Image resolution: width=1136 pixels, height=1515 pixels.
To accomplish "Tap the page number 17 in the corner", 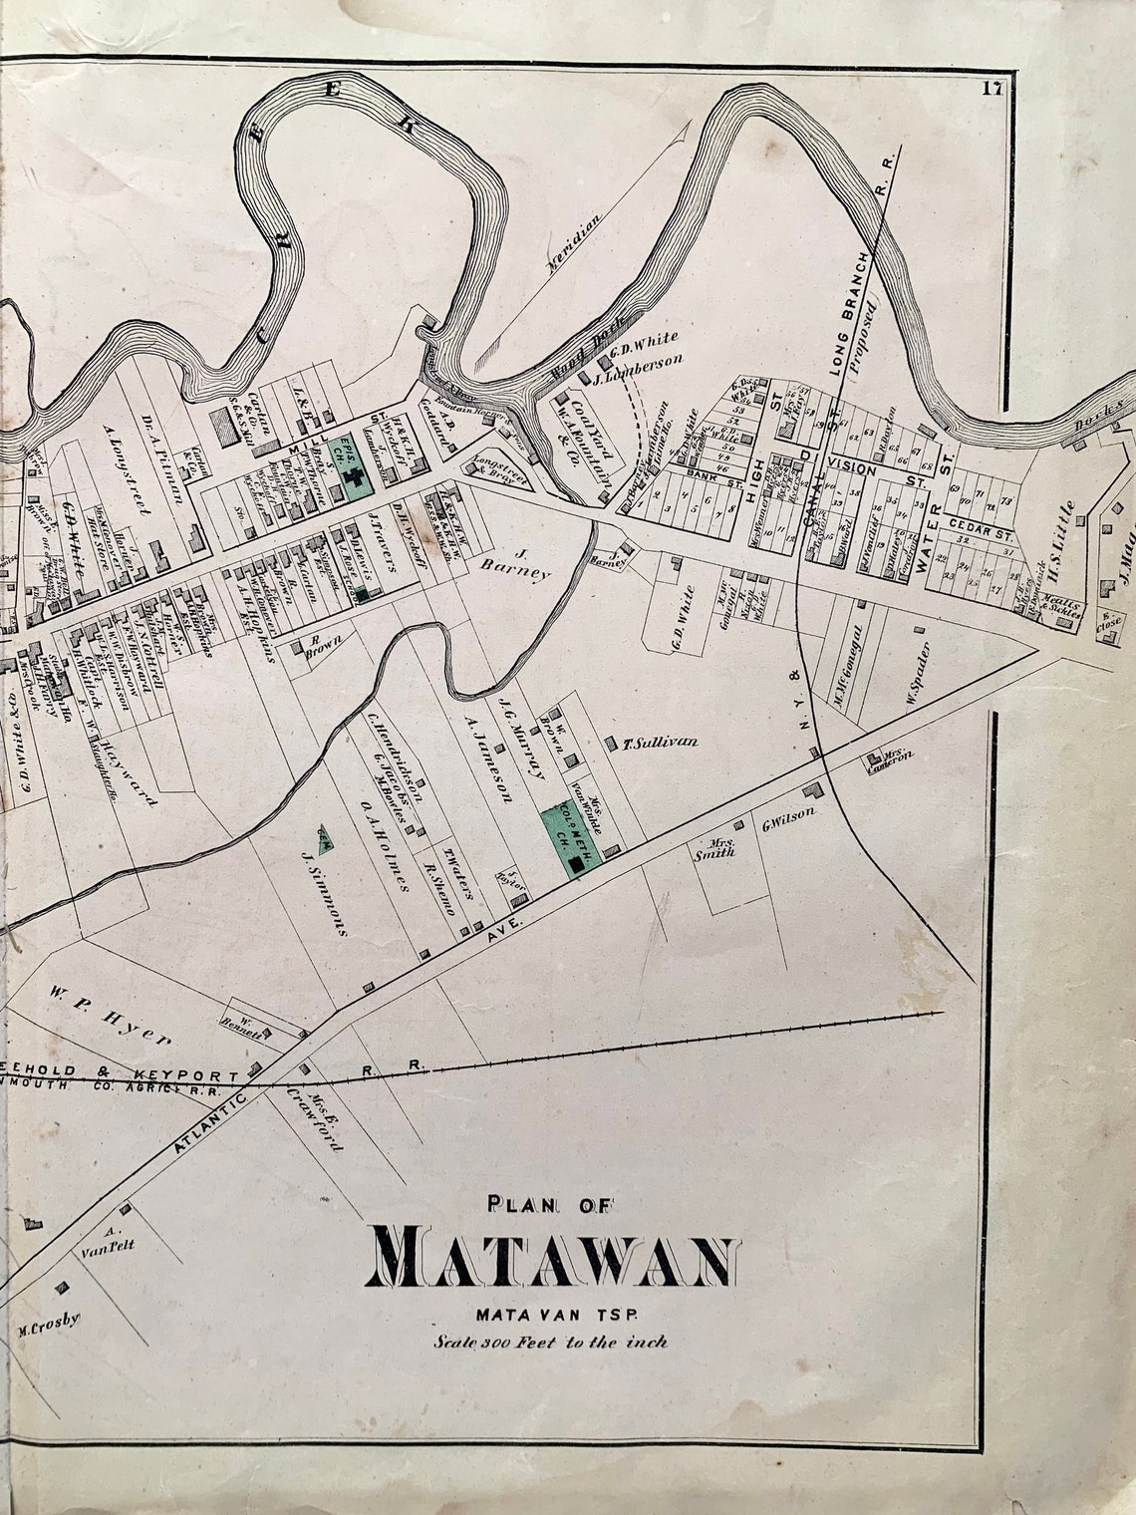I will [991, 88].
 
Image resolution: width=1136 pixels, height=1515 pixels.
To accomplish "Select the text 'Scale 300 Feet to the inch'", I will [550, 1341].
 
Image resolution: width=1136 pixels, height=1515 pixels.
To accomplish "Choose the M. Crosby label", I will [48, 1325].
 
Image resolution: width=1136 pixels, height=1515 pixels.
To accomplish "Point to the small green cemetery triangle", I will [326, 838].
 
